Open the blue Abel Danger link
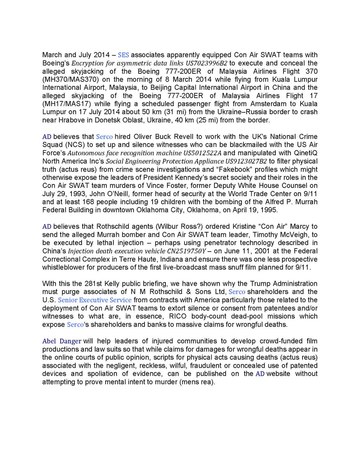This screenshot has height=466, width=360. click(x=62, y=341)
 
